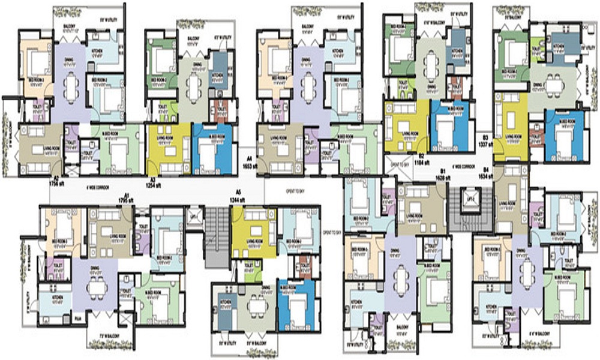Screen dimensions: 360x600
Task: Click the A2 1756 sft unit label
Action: tap(56, 182)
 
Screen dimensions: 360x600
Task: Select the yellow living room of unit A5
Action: tap(252, 226)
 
